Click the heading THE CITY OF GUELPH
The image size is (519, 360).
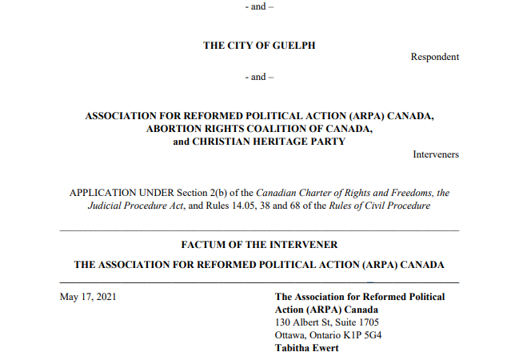(x=259, y=46)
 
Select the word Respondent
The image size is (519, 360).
(x=435, y=57)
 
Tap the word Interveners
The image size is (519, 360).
(x=436, y=154)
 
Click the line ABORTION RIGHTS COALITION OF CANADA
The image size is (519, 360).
(x=259, y=128)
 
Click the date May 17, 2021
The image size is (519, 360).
(x=88, y=298)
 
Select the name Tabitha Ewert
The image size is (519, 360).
(x=307, y=348)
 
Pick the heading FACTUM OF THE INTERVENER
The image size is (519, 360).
(x=259, y=245)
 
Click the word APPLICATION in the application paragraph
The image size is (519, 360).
(x=105, y=194)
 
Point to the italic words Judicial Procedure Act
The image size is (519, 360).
(x=136, y=206)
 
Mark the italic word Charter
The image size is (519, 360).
(x=313, y=194)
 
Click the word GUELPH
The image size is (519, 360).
(x=294, y=46)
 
